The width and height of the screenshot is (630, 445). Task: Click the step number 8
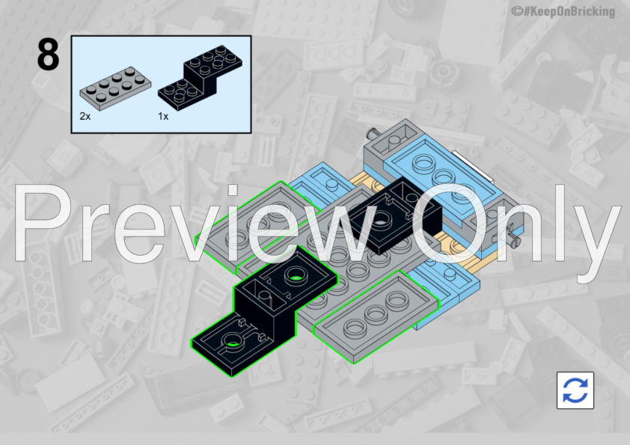(x=47, y=57)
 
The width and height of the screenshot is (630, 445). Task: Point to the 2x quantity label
(x=86, y=117)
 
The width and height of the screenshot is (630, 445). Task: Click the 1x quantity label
(x=164, y=117)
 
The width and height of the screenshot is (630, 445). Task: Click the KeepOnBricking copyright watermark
(x=563, y=11)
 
